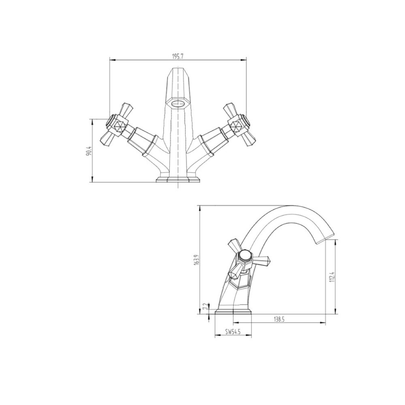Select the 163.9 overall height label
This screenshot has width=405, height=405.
pos(196,260)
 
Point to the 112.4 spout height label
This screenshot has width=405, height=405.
pos(331,277)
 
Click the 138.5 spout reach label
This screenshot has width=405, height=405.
pos(279,319)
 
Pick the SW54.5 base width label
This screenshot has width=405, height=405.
pos(233,332)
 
